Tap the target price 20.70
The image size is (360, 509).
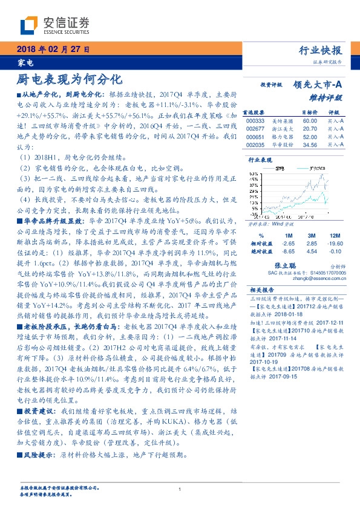point(310,129)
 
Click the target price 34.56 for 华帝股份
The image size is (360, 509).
point(310,146)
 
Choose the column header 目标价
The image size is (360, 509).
point(309,112)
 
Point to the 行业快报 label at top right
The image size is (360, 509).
point(320,50)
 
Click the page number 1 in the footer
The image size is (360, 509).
point(180,490)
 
